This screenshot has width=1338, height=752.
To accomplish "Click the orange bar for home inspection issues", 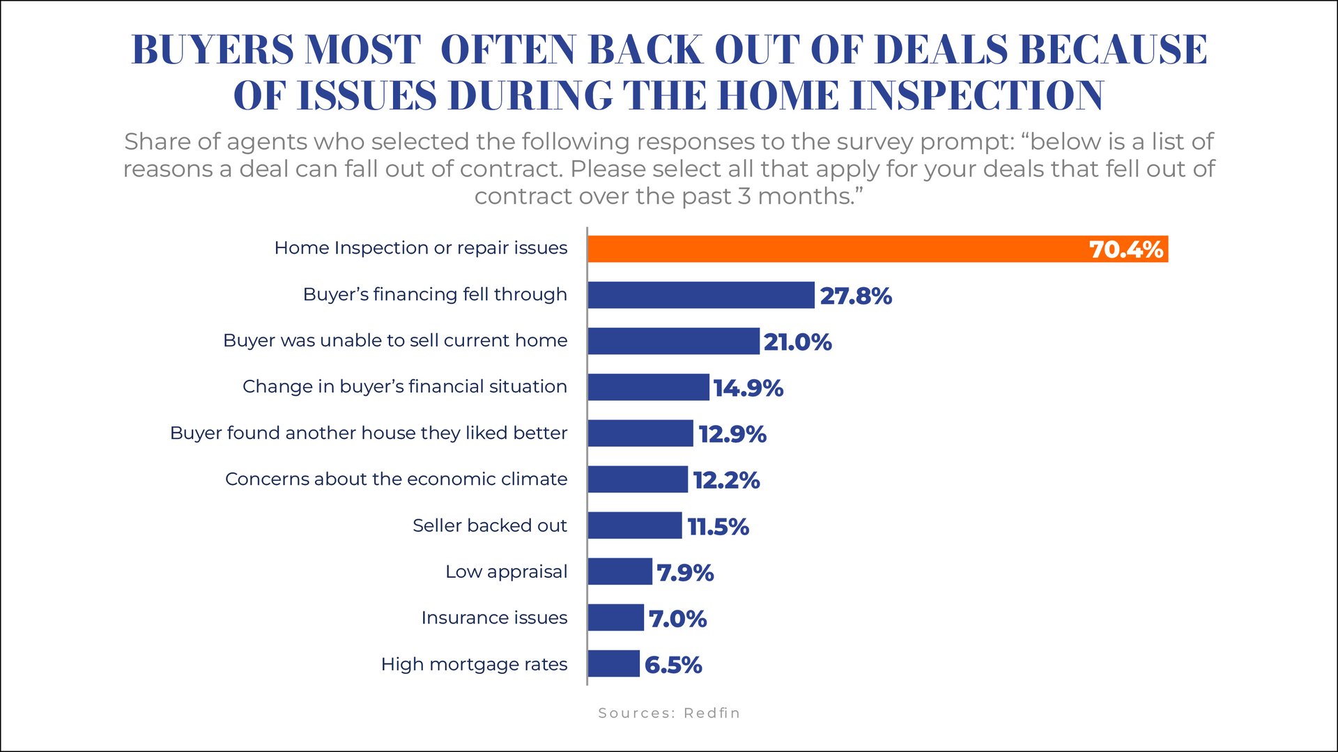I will [x=836, y=249].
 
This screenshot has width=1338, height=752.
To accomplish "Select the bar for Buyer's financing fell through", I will [x=700, y=295].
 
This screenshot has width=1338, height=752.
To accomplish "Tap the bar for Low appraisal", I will [x=620, y=571].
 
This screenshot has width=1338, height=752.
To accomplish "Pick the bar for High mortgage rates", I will [x=613, y=663].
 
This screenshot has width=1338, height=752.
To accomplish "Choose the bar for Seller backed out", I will [x=634, y=525].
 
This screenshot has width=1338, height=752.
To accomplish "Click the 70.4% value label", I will [x=1125, y=250].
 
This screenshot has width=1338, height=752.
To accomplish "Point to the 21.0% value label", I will [x=797, y=342].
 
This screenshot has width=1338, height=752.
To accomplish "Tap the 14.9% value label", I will [x=748, y=387].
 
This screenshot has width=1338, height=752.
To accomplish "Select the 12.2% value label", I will [x=726, y=479].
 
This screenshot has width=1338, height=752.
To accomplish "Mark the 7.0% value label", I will [x=677, y=618].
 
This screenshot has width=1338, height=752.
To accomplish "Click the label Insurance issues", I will [x=494, y=617].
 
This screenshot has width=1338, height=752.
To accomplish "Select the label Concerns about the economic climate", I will [x=396, y=479].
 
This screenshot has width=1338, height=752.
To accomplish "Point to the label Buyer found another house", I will [x=368, y=433].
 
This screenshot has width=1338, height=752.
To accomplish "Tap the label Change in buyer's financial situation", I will [x=404, y=386].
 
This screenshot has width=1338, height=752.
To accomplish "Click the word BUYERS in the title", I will [x=213, y=49].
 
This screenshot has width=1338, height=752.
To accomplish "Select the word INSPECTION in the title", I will [x=977, y=95].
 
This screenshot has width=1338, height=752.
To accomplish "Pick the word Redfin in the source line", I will [x=712, y=713].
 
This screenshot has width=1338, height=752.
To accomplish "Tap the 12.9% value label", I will [x=732, y=433].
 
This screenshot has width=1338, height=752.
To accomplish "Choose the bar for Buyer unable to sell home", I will [x=673, y=341].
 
